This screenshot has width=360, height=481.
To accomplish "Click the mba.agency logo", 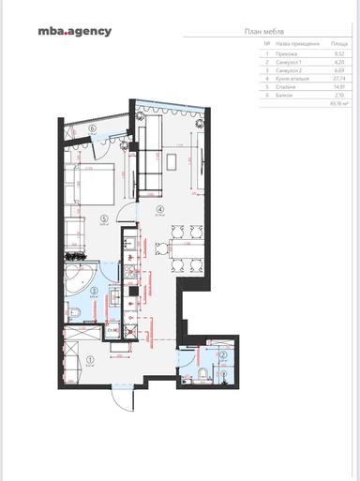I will (x=74, y=31).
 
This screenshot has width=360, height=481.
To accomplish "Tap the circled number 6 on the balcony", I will (x=94, y=128).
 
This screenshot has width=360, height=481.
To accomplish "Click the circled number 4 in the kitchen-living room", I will (x=160, y=209).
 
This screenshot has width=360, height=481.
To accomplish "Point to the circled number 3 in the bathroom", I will (x=94, y=291).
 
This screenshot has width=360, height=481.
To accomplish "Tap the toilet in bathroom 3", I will (x=71, y=312).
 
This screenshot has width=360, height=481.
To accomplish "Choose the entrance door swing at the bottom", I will (x=120, y=401).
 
